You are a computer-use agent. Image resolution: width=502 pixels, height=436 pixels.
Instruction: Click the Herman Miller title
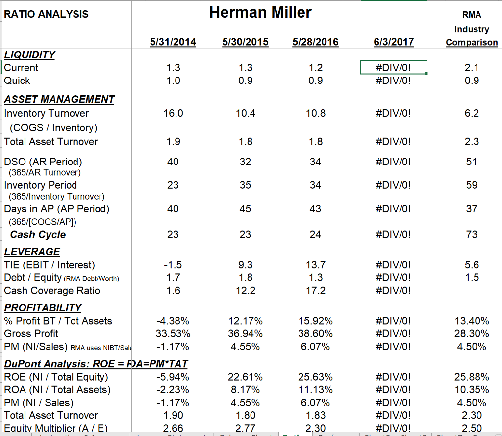[260, 12]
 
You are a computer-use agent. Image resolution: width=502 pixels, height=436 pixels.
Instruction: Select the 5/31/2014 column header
[173, 42]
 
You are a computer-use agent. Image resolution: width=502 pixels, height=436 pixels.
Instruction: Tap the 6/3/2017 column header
[394, 42]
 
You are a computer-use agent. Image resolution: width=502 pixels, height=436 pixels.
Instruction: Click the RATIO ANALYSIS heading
[46, 14]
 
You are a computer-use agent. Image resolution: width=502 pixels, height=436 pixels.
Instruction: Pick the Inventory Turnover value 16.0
[173, 113]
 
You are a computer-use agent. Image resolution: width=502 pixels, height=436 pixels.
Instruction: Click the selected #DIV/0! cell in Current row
[394, 67]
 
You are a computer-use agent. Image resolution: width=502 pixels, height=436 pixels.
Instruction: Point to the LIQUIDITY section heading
[29, 54]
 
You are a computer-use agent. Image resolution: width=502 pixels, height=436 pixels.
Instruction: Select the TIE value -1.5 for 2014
[173, 265]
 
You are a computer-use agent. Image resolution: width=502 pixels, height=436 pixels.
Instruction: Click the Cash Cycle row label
[38, 235]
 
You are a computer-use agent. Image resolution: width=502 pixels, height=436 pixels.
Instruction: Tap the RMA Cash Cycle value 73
[472, 235]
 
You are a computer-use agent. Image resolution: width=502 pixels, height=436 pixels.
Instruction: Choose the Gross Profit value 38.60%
[315, 333]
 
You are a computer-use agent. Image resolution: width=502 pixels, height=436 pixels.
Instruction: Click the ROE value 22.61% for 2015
[246, 377]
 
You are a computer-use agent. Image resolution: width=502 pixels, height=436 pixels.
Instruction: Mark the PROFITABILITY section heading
[43, 308]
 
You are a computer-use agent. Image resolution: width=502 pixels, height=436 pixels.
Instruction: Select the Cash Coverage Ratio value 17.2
[315, 291]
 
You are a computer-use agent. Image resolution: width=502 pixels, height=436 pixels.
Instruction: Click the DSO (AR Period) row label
[43, 162]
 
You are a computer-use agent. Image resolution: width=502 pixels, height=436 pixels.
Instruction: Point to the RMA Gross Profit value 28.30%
[472, 333]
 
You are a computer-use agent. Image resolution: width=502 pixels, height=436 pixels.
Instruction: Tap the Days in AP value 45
[246, 209]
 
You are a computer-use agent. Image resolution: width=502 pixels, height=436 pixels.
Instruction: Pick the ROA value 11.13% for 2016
[315, 390]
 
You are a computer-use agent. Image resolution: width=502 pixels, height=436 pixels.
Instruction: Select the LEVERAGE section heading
[32, 252]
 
